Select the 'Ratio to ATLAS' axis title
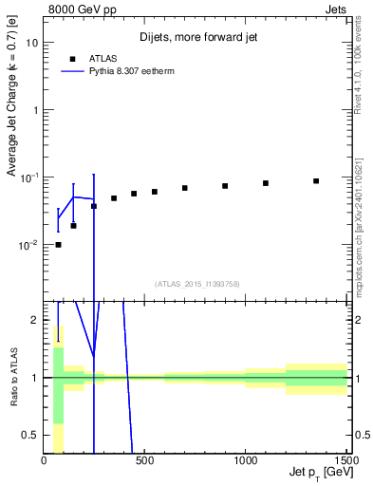point(12,376)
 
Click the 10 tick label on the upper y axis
point(33,44)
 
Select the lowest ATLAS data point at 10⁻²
point(58,245)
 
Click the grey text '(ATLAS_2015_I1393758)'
point(196,283)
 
